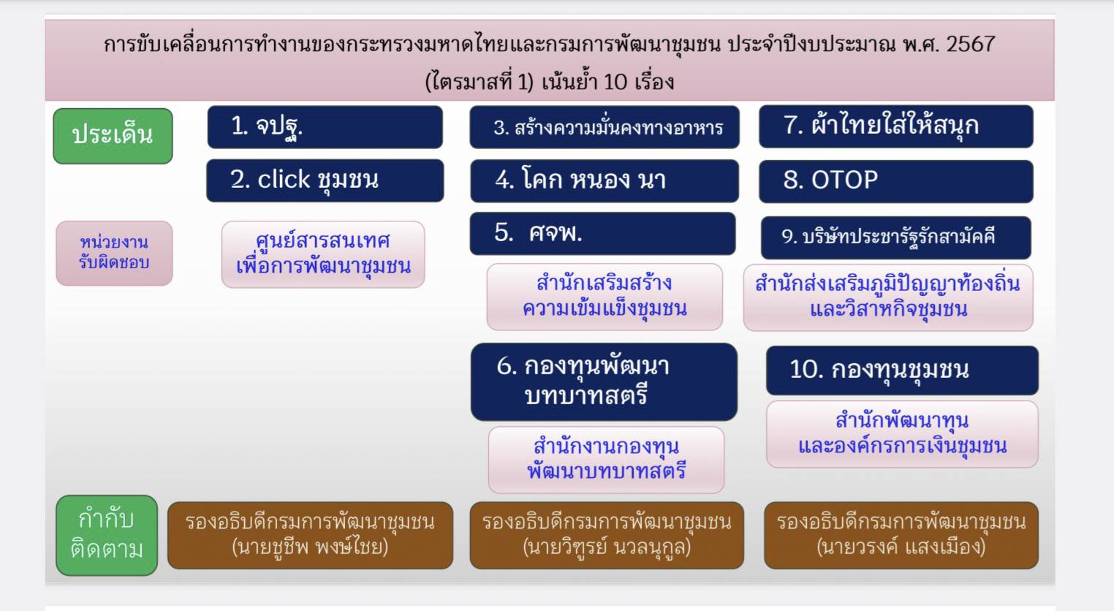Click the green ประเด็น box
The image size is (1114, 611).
113,136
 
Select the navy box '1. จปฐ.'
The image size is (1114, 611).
325,127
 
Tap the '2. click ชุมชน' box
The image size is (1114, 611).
325,181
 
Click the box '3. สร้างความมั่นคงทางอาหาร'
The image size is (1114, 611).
605,128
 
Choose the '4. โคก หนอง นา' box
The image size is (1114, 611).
605,181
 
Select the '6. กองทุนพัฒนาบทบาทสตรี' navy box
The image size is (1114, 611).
604,382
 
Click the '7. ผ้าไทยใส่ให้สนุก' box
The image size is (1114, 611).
895,126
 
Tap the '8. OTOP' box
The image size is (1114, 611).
895,181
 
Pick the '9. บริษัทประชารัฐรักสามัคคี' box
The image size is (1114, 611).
895,237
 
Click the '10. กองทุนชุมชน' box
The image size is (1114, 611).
901,370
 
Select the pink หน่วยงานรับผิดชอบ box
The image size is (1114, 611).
114,253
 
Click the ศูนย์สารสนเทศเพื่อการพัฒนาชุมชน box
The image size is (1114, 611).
323,254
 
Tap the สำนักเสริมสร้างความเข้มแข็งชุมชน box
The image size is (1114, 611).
605,297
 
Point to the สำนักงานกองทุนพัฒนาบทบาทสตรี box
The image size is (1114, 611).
606,460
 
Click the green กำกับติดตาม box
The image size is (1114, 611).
107,535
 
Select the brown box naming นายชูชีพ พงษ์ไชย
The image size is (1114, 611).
310,535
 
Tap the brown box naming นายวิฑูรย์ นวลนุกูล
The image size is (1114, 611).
606,535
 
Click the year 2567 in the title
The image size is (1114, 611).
970,44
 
